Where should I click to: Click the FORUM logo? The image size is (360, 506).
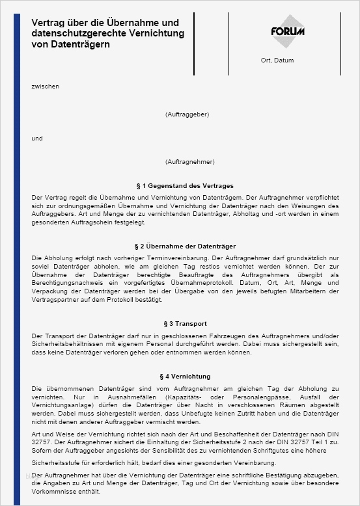288,31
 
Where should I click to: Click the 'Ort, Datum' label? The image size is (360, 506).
277,60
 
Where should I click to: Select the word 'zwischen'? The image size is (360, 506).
45,86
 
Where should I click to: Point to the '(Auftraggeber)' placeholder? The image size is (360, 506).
187,114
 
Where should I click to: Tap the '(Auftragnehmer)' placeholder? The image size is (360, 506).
189,161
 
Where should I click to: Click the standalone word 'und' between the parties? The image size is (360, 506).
37,138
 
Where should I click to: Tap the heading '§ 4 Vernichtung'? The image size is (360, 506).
185,377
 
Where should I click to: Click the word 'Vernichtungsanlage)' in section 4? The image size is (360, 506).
61,405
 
